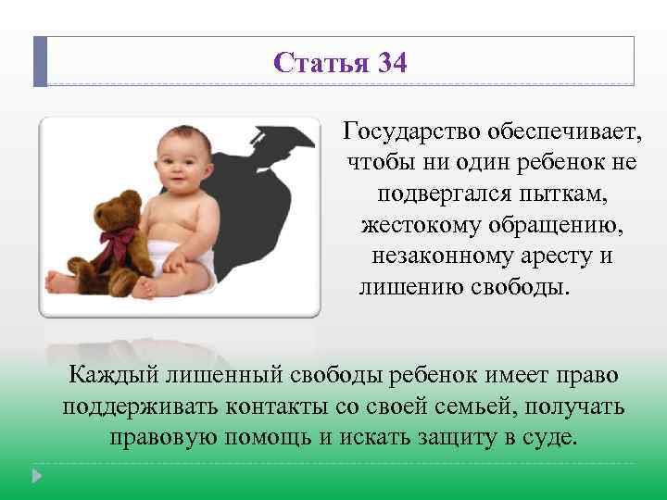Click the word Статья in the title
tap(321, 63)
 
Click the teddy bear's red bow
tap(119, 242)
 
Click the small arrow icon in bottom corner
tap(37, 476)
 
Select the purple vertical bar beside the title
tap(40, 61)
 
